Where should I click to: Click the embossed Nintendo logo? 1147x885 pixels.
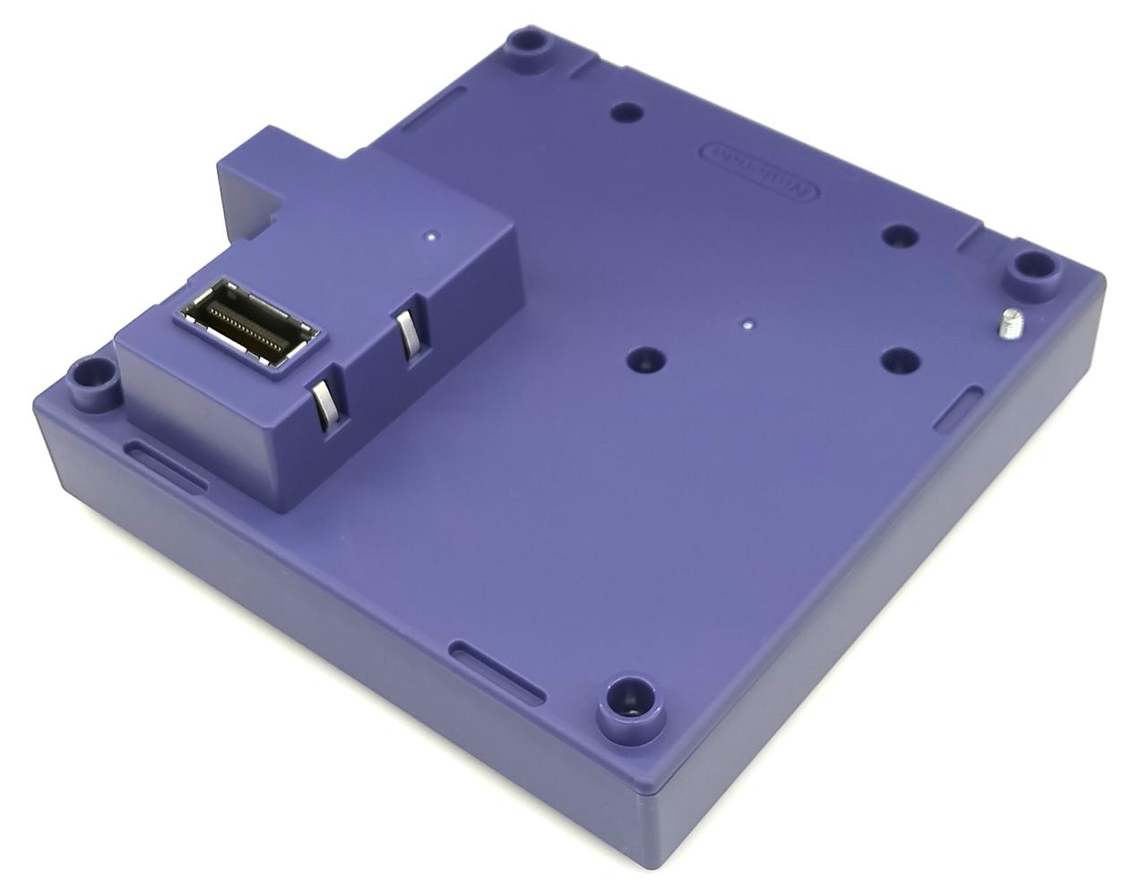[761, 169]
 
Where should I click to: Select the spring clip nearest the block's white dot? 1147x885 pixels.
[410, 334]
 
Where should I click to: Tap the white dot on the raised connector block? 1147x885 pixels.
[434, 236]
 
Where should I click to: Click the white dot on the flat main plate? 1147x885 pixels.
[748, 325]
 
